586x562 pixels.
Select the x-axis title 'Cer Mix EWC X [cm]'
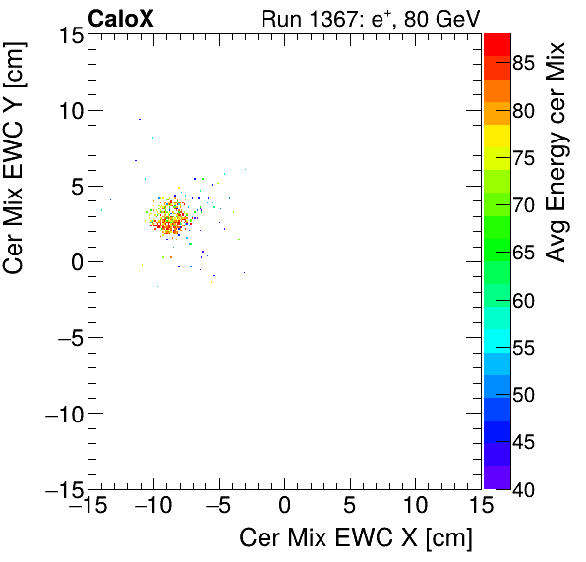[x=356, y=538]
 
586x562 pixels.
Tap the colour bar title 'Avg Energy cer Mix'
[x=557, y=152]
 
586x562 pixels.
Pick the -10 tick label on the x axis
[x=152, y=507]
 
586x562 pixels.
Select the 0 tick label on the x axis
[x=284, y=507]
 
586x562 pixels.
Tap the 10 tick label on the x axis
[x=415, y=507]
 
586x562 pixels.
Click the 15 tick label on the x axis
[x=480, y=507]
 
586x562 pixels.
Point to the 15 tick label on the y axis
[x=69, y=35]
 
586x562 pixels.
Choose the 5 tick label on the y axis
[x=75, y=187]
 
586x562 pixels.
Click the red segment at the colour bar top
[x=497, y=43]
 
